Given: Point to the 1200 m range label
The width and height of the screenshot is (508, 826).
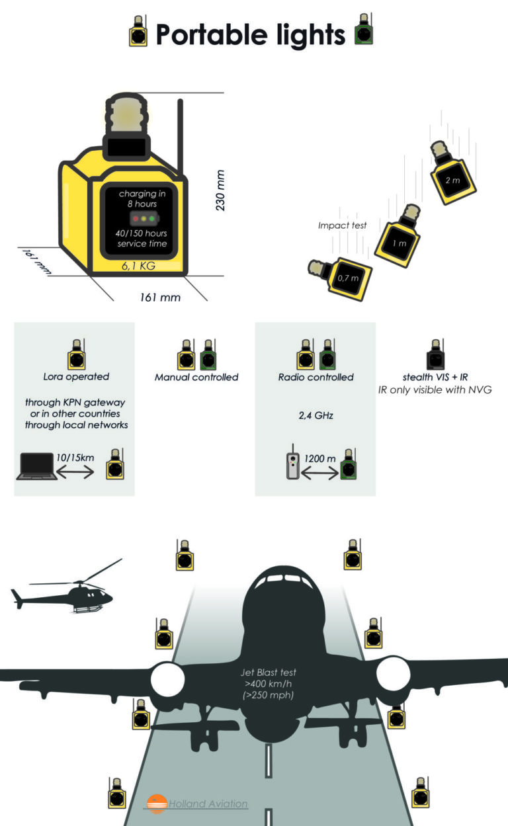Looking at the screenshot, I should coord(319,458).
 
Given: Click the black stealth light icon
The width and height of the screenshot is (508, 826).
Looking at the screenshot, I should coord(433,355).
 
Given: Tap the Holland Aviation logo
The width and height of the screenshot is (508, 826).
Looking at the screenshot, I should coord(198,804).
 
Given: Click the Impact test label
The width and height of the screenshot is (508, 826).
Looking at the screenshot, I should coord(342,226).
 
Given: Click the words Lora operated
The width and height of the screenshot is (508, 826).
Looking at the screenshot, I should coord(76,377).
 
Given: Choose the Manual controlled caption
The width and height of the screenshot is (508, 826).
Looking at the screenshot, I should coord(196,377).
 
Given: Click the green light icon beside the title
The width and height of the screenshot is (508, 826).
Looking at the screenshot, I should coord(363,30).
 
